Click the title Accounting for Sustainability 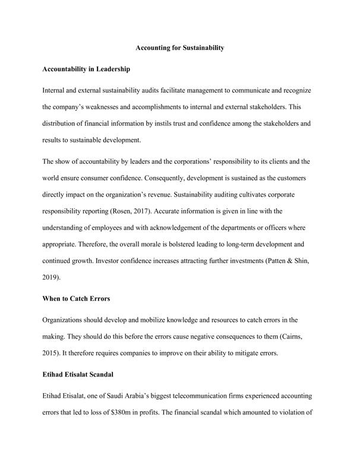point(180,47)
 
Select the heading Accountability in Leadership point(87,69)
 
